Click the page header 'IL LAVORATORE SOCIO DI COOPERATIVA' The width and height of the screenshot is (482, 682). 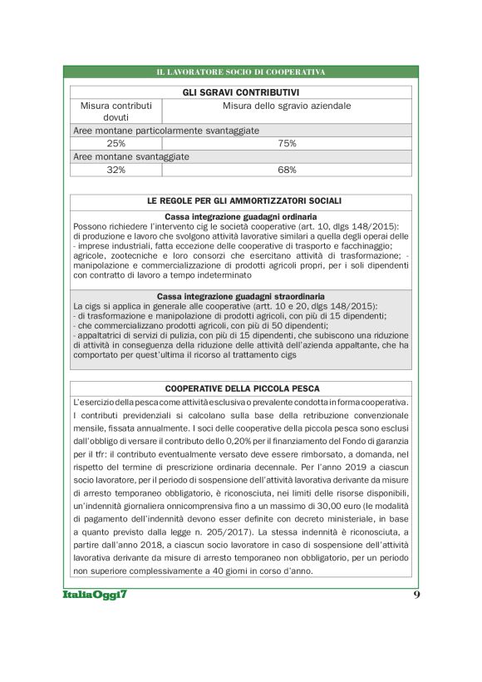(x=241, y=72)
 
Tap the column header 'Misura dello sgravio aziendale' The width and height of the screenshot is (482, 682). (x=287, y=106)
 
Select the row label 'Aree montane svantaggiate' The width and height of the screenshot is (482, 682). (x=131, y=156)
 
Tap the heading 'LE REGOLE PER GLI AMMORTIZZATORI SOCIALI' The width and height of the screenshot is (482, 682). (x=241, y=201)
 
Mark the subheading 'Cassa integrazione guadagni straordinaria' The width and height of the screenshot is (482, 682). (x=241, y=296)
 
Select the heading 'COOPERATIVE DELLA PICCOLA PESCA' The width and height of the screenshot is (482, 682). (x=241, y=388)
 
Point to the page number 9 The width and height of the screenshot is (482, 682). (x=416, y=595)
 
